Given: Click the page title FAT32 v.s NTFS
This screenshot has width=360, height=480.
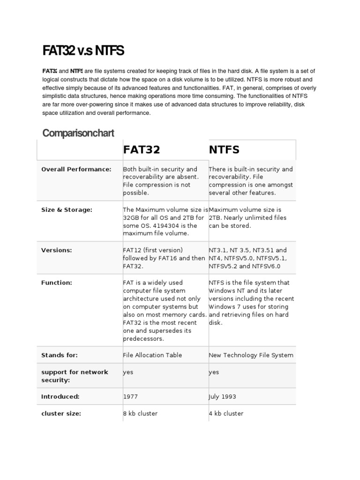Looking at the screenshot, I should click(83, 51).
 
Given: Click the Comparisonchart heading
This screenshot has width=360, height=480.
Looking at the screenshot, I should click(78, 133).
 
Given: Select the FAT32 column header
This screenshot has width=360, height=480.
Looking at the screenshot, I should click(142, 150).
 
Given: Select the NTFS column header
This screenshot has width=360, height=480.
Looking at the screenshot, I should click(224, 150).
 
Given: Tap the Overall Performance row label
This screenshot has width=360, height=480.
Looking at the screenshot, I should click(76, 169).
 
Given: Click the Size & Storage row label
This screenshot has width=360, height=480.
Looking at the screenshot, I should click(67, 210).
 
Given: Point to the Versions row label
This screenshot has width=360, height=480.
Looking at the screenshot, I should click(57, 250).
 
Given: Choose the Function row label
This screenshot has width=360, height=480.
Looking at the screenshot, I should click(57, 283).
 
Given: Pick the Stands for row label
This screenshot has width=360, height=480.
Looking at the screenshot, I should click(60, 355).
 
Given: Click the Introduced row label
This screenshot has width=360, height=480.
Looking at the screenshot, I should click(60, 397).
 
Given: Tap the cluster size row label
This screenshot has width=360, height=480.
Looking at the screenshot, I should click(61, 413).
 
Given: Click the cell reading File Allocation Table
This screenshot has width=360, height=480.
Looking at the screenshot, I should click(152, 355).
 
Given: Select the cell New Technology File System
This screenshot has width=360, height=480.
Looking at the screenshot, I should click(251, 355).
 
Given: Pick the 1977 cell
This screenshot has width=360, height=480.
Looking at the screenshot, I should click(130, 397).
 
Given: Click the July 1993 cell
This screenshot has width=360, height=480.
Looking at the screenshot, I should click(223, 397).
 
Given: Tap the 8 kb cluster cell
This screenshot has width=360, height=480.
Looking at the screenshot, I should click(140, 413).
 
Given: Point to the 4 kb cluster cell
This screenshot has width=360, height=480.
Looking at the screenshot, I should click(226, 413).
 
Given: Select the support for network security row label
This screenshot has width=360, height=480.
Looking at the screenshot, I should click(75, 376).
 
